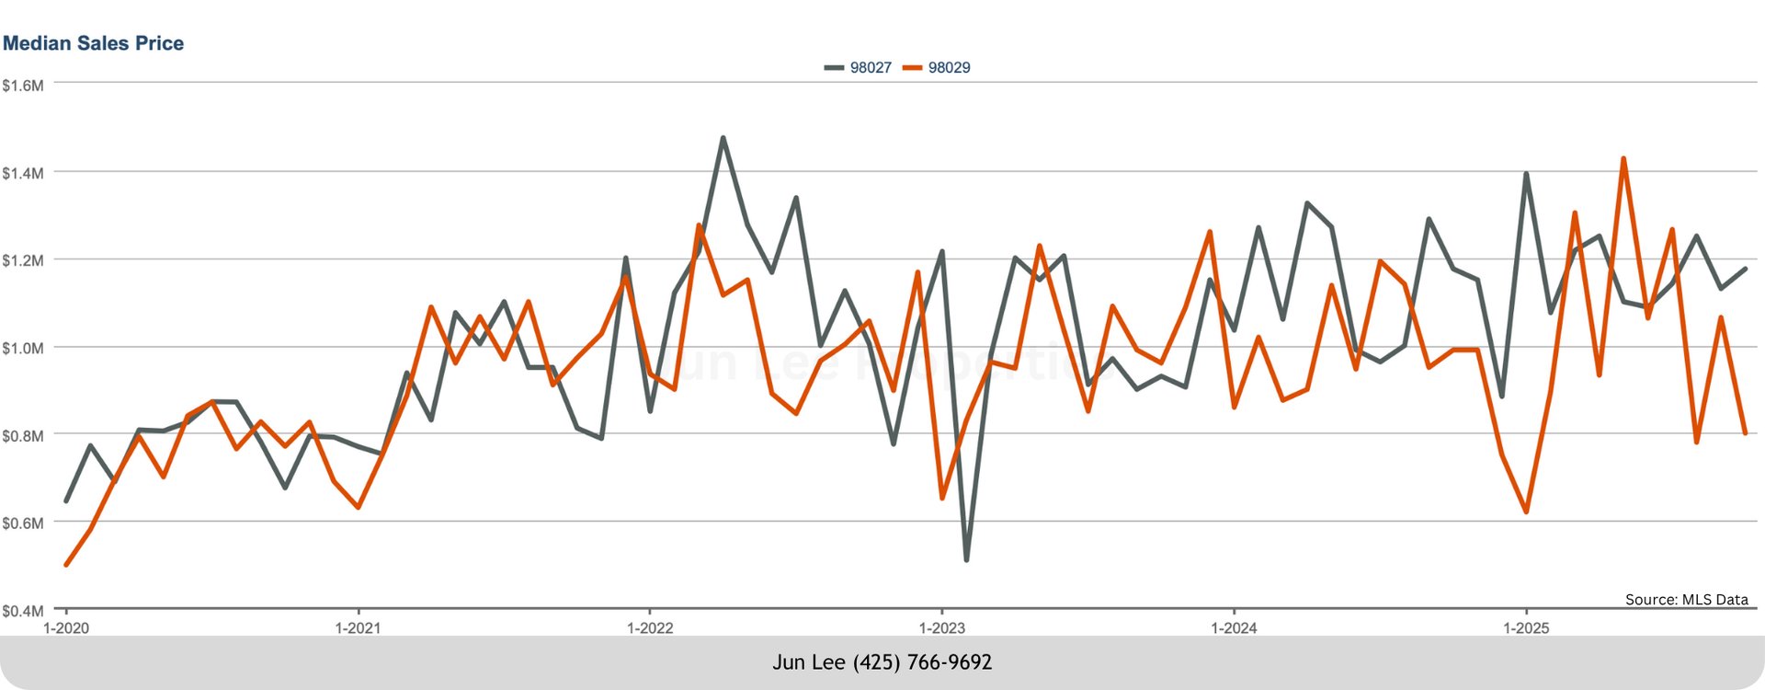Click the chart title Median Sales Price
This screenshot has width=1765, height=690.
pyautogui.click(x=93, y=43)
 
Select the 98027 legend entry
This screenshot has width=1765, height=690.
pyautogui.click(x=859, y=67)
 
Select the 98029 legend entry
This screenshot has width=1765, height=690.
pyautogui.click(x=938, y=67)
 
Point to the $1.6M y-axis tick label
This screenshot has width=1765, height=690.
pyautogui.click(x=22, y=86)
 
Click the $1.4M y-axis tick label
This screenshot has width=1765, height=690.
pyautogui.click(x=22, y=173)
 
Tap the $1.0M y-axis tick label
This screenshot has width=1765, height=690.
pyautogui.click(x=22, y=348)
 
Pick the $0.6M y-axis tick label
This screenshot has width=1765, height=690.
pyautogui.click(x=22, y=523)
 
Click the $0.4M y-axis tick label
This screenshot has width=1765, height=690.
pyautogui.click(x=22, y=610)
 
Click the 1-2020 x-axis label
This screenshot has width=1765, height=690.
pyautogui.click(x=66, y=628)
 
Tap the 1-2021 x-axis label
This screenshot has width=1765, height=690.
pyautogui.click(x=358, y=628)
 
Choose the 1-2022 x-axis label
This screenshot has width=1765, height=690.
pyautogui.click(x=650, y=628)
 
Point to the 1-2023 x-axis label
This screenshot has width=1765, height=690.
pyautogui.click(x=942, y=628)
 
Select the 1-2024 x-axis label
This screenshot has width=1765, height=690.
pyautogui.click(x=1234, y=628)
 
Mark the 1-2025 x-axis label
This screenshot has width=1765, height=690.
pyautogui.click(x=1526, y=628)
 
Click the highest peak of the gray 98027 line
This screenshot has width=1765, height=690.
pyautogui.click(x=723, y=138)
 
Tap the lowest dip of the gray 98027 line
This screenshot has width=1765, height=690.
pyautogui.click(x=966, y=559)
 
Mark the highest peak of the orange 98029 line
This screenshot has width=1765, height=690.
pyautogui.click(x=1623, y=158)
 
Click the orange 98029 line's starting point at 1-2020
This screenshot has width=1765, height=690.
pyautogui.click(x=66, y=564)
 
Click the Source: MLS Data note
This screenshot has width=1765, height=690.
pyautogui.click(x=1686, y=599)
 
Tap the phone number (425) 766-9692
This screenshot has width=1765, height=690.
pyautogui.click(x=922, y=662)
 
